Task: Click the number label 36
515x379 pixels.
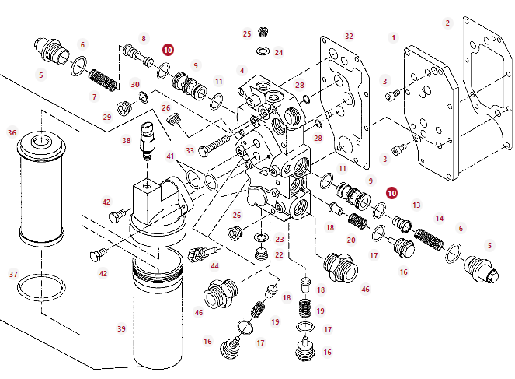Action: click(x=12, y=132)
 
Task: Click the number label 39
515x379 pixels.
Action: click(x=121, y=328)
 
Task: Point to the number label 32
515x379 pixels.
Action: click(x=349, y=37)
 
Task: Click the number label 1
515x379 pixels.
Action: click(x=394, y=37)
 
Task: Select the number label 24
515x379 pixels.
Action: click(x=279, y=53)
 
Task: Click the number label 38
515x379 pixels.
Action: click(x=126, y=141)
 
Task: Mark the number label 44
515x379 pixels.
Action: click(x=215, y=266)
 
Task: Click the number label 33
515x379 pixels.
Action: click(x=190, y=150)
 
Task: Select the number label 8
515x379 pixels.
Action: click(x=143, y=37)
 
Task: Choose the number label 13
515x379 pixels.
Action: click(x=416, y=205)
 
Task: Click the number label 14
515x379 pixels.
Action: click(x=440, y=219)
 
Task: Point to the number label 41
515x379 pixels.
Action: click(x=171, y=156)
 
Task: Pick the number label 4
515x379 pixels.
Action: click(x=242, y=71)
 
